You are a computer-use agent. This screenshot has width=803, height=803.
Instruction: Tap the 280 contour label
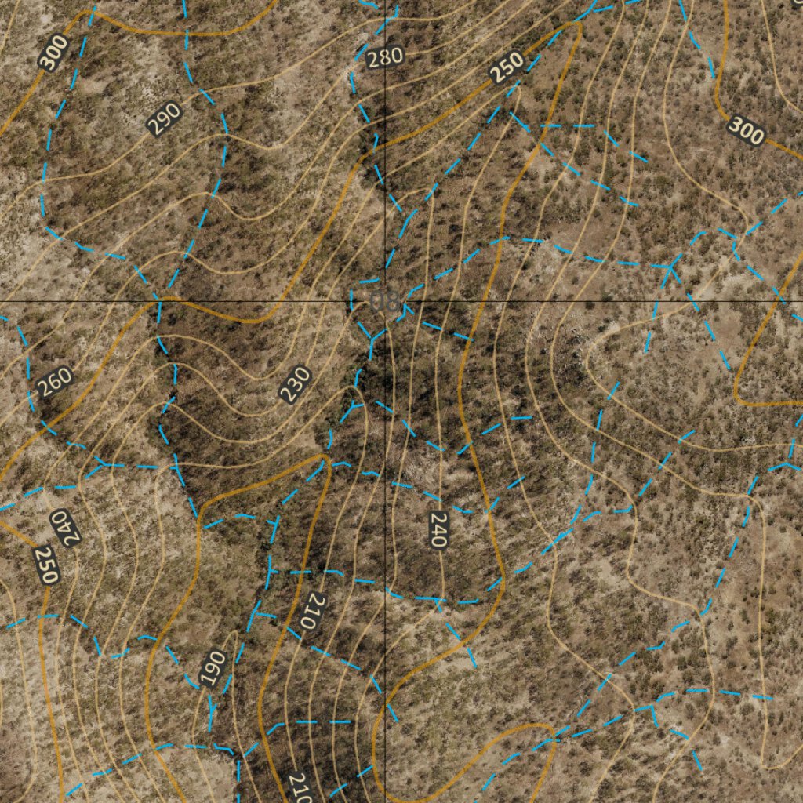pos(385,57)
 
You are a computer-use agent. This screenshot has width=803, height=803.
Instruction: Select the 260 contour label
pos(55,382)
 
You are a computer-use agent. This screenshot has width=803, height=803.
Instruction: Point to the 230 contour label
pos(296,384)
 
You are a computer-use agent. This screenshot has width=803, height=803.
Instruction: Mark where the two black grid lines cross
pos(385,301)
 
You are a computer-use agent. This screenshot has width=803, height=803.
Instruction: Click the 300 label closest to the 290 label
pos(53,53)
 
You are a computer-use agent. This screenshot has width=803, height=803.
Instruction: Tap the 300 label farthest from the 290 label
pos(746,130)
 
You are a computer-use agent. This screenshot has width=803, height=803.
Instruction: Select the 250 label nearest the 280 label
pos(507,67)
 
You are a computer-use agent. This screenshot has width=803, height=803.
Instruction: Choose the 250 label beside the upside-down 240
pos(46,565)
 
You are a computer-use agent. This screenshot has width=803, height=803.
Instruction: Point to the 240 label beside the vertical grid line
pos(438,529)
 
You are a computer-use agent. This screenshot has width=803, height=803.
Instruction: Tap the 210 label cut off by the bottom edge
pos(299,787)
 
